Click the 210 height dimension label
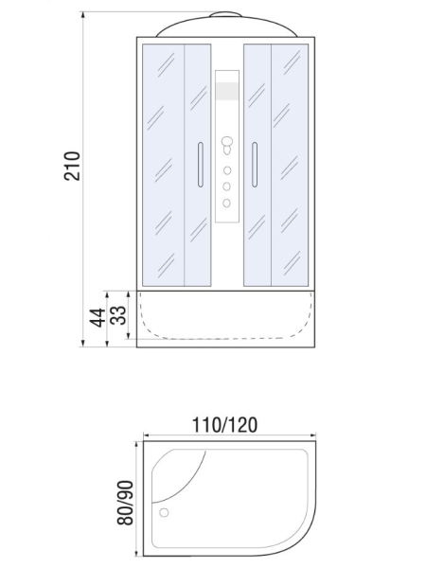72,166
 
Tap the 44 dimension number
98,318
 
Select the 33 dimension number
119,315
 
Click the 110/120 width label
224,425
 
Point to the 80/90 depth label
125,503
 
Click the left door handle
201,165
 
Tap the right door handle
255,165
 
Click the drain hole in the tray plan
164,512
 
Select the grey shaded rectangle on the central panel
227,91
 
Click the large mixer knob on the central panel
227,141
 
